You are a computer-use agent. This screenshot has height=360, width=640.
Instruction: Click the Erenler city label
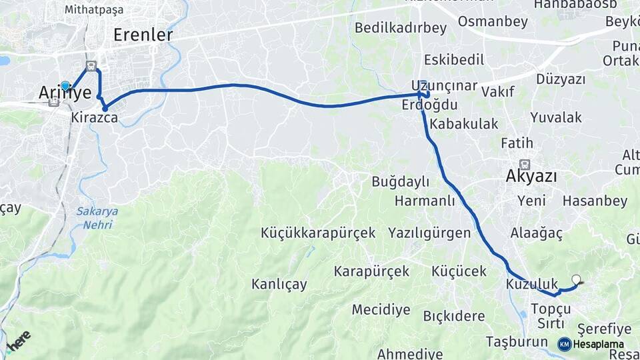pos(143,35)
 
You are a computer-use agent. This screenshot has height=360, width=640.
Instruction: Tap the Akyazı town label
pos(531,176)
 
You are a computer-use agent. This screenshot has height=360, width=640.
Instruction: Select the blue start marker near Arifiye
pos(65,86)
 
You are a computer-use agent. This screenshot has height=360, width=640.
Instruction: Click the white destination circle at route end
pos(576,280)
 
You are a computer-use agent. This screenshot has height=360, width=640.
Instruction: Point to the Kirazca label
pos(95,118)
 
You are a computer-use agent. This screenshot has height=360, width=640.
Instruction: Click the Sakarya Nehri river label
pos(97,217)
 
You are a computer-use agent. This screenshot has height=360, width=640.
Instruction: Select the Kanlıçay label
pos(279,285)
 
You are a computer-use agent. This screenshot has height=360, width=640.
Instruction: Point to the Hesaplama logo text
pos(598,345)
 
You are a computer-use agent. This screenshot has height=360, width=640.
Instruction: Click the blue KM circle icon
pos(564,344)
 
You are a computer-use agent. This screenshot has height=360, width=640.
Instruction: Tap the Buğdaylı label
pos(400,181)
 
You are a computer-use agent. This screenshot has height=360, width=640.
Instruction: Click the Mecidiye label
pos(381,309)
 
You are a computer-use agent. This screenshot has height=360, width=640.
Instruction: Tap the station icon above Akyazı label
pos(525,163)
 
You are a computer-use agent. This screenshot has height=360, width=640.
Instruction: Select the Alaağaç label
pos(537,233)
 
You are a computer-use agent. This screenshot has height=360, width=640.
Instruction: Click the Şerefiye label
pos(604,329)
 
